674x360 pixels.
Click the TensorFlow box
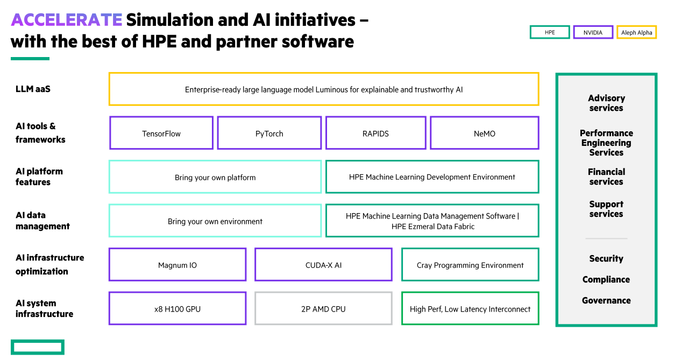coord(161,133)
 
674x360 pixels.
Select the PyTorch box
coord(269,133)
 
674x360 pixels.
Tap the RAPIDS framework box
coord(375,133)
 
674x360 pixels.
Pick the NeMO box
coord(484,133)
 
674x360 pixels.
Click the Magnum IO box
coord(178,265)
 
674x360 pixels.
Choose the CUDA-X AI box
coord(323,265)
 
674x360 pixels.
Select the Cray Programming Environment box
coord(470,265)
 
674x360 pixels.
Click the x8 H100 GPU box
coord(178,309)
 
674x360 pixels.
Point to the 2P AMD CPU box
coord(323,309)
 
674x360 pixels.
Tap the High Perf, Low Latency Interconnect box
coord(470,309)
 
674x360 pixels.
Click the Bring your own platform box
coord(215,177)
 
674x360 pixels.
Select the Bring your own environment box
coord(215,221)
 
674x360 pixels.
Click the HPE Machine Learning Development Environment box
coord(432,177)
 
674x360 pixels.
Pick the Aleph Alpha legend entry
coord(636,33)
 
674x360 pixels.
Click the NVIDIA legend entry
coord(593,33)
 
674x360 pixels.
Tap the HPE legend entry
coord(550,33)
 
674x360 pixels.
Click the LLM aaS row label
coord(33,89)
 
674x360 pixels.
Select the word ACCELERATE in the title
coord(66,20)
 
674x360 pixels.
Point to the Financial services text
coord(606,177)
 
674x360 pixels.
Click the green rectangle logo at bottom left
coord(37,347)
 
